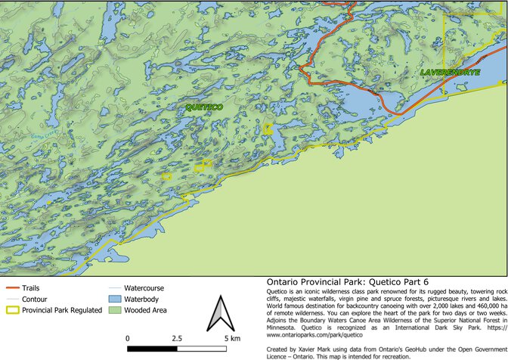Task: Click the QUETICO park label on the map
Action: point(204,108)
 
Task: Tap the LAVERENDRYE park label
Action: point(451,73)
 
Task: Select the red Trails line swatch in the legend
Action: point(12,288)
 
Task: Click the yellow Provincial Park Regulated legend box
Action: point(12,309)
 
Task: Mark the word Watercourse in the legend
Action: point(144,288)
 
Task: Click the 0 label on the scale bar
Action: point(128,337)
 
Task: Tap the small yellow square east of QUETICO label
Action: point(268,129)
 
